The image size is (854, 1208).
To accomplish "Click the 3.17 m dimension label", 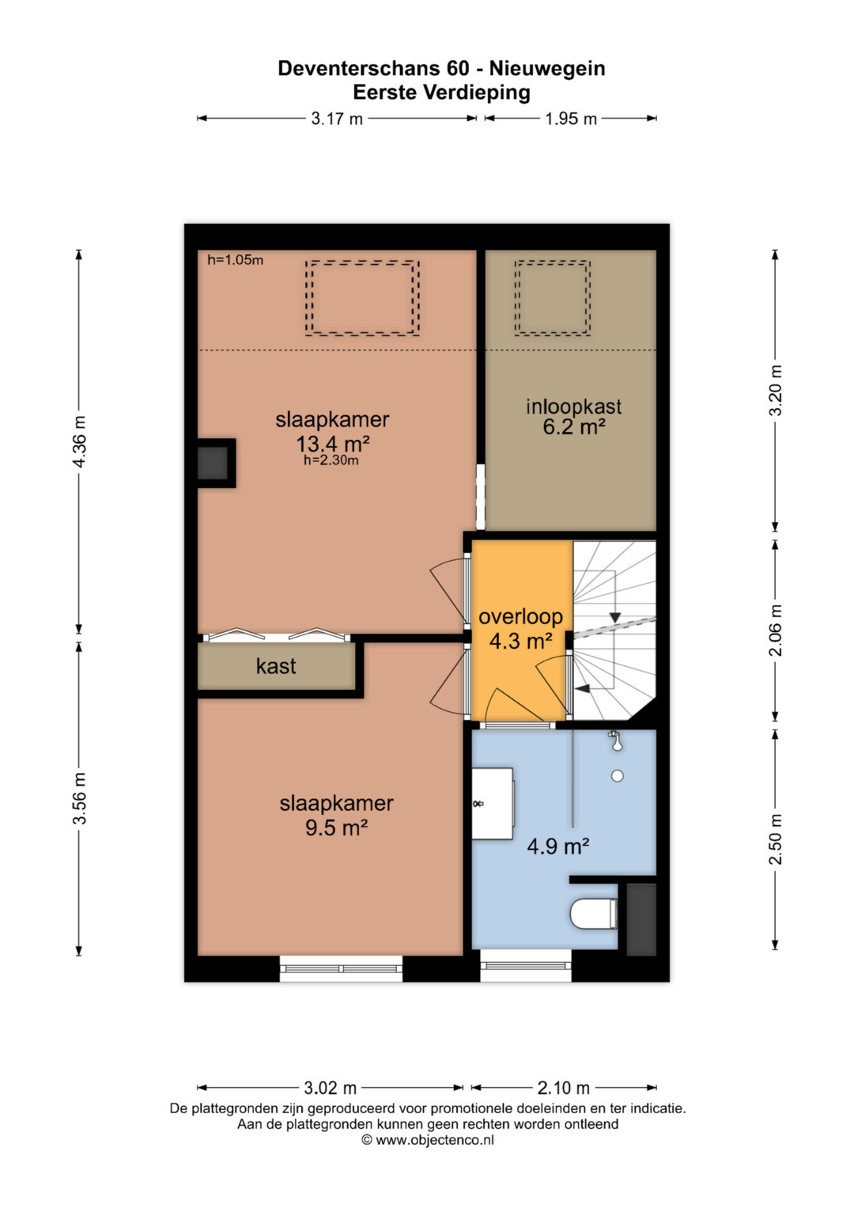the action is pos(337,118).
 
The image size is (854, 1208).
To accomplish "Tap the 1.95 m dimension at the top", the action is pos(570,118).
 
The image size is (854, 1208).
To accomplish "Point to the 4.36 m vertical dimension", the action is pos(79,441).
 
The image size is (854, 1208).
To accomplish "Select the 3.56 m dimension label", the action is pos(79,798).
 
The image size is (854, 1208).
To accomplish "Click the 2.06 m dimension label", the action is pos(775,630).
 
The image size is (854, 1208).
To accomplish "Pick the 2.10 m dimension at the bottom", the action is pos(563,1088).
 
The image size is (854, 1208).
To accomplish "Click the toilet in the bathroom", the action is pos(594,914).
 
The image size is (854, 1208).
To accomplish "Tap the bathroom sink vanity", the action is pos(492,804).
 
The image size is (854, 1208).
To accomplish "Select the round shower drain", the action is pos(618,776).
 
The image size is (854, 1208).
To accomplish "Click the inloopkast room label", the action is pos(573,407).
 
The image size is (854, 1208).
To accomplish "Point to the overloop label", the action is pos(521,617).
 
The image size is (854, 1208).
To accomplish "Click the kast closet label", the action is pos(276,666).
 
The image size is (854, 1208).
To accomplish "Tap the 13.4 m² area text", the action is pos(333,444).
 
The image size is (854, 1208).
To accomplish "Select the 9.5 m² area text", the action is pos(336,827).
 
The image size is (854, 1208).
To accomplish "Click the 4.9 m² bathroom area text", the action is pos(558,846).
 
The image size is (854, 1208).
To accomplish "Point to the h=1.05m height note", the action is pos(236,260).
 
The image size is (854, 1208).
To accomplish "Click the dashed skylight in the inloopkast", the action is pos(552,298).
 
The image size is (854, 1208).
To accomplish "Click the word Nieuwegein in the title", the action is pos(547,69).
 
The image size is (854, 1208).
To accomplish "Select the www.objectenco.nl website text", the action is pos(435,1139).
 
